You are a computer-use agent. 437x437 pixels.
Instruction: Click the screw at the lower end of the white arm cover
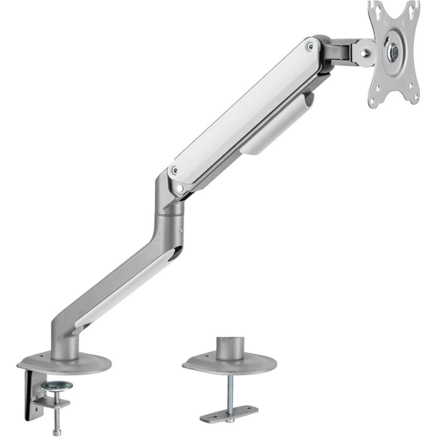(x=175, y=169)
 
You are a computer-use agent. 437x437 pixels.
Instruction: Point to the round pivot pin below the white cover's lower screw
(x=180, y=188)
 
